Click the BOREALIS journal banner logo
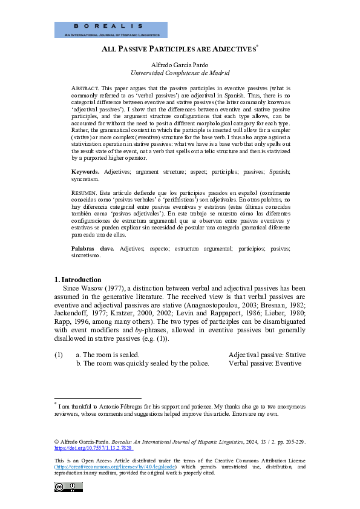pos(111,30)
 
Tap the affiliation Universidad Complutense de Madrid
pos(180,73)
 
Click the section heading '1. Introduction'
pos(78,280)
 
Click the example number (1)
pos(58,355)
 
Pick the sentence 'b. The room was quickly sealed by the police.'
pos(142,363)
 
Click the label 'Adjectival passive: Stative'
pos(267,355)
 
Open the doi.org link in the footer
pos(93,448)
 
